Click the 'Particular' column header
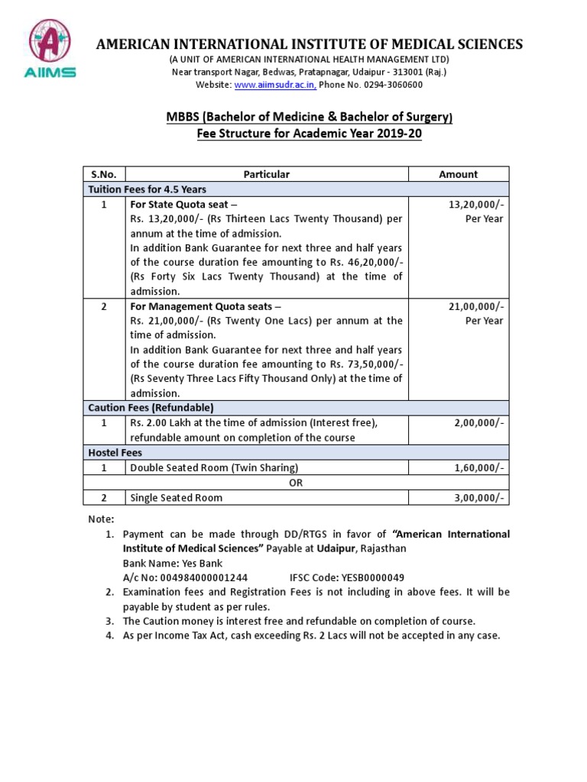point(266,174)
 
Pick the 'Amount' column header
point(458,174)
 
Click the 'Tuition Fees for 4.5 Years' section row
point(148,189)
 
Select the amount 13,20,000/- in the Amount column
point(478,205)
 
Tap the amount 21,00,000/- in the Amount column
point(478,306)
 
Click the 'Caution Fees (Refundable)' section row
point(151,408)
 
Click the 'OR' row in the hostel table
point(295,483)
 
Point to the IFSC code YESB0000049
point(347,577)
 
